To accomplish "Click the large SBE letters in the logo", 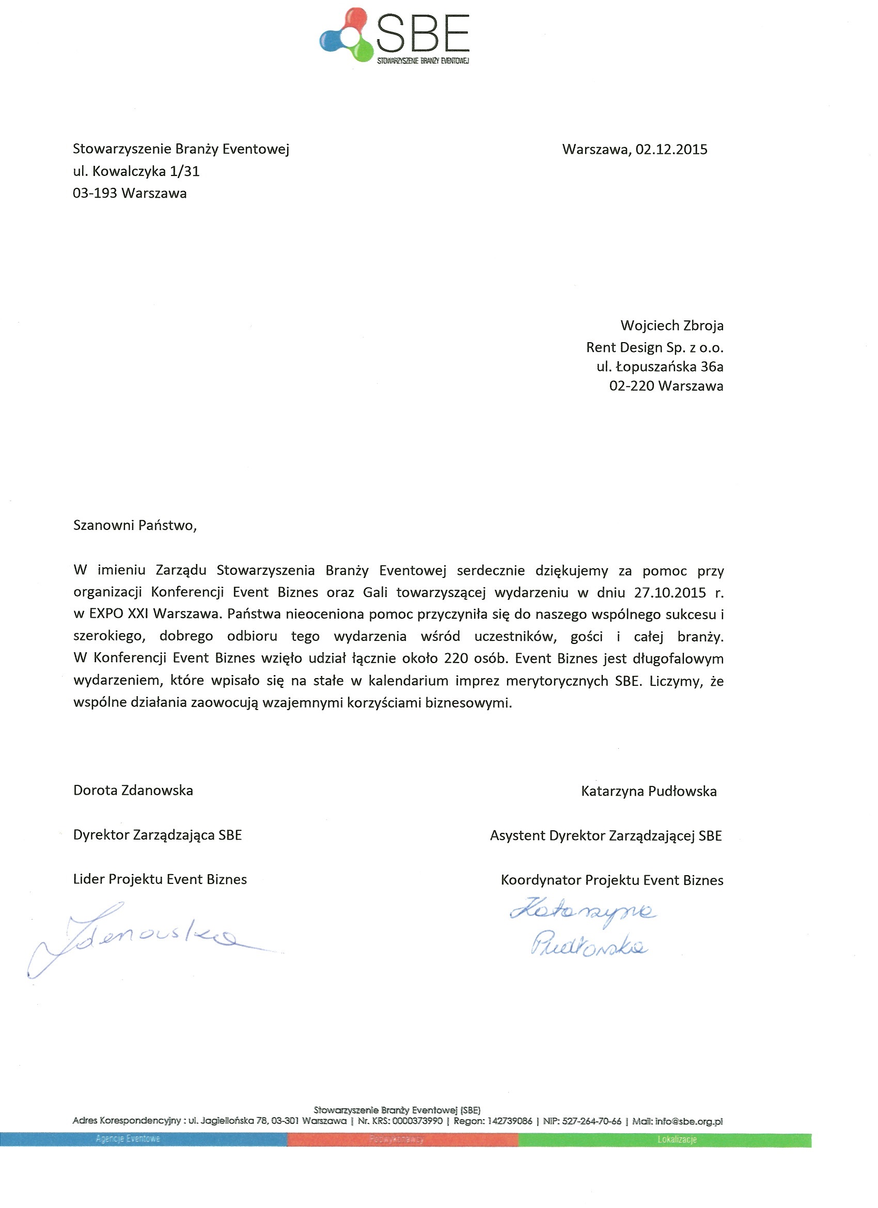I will (423, 33).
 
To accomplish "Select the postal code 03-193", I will (95, 194).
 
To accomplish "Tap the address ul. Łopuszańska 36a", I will (660, 367).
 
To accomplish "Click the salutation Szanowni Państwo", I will (134, 526).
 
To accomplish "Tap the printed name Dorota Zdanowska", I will (133, 791).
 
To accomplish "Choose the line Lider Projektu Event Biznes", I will (160, 879).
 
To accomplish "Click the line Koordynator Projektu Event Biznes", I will (612, 880).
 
